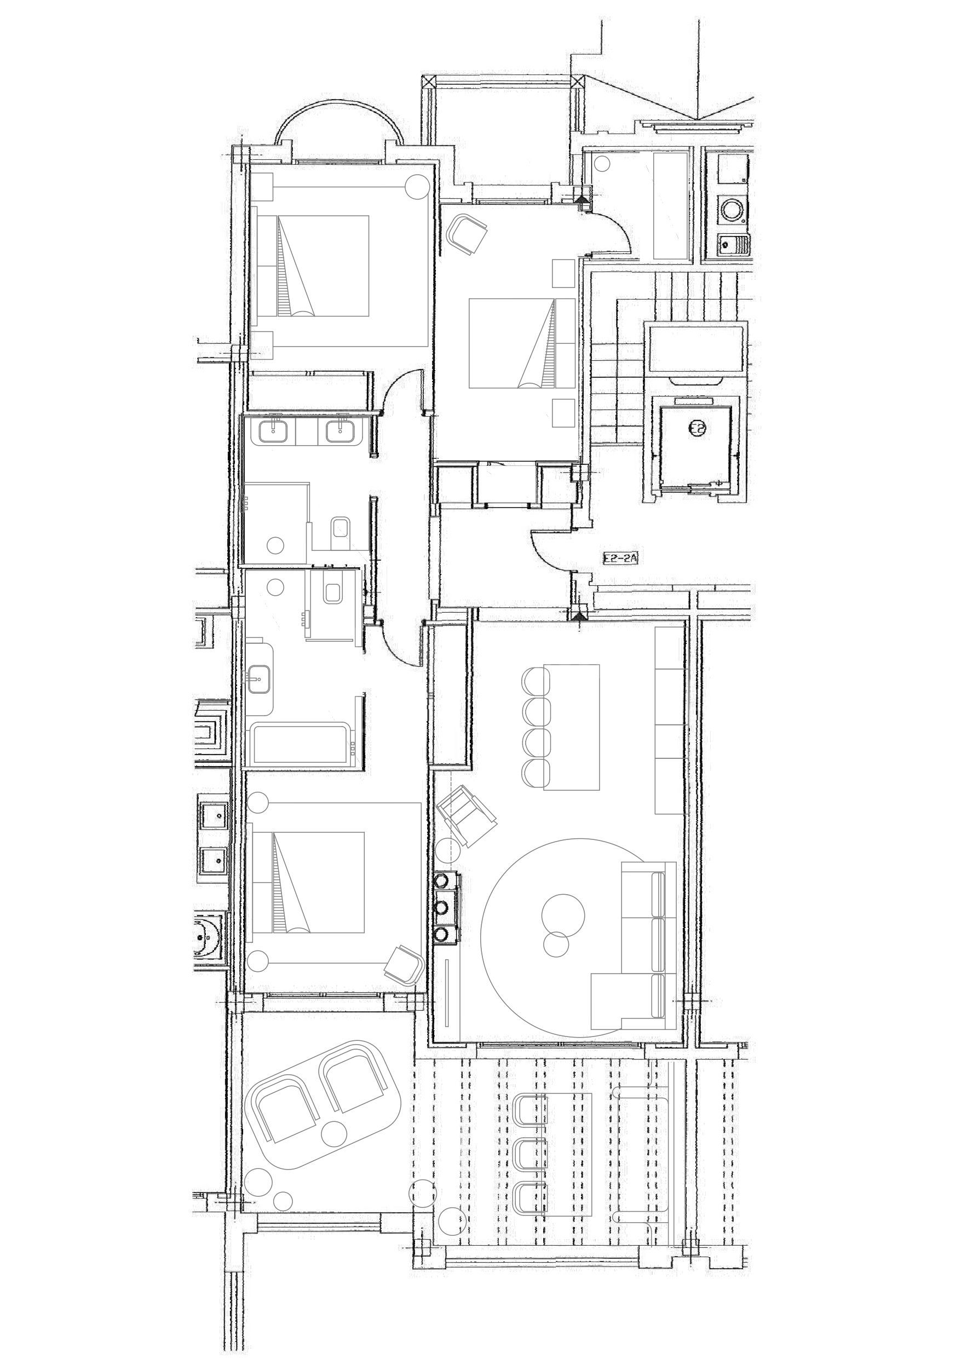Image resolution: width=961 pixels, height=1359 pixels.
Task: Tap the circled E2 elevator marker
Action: pyautogui.click(x=698, y=427)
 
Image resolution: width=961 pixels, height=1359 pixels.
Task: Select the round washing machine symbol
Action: pyautogui.click(x=733, y=210)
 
